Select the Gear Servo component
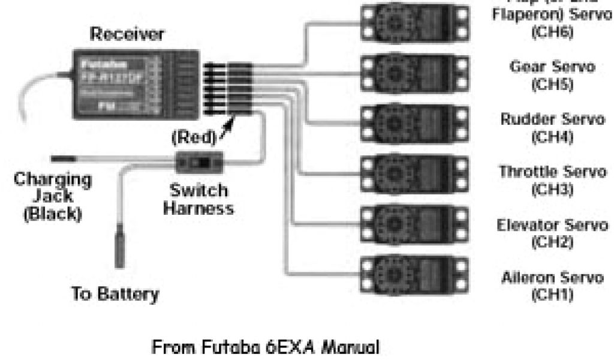(414, 73)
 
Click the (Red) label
(192, 137)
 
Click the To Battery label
(115, 294)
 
